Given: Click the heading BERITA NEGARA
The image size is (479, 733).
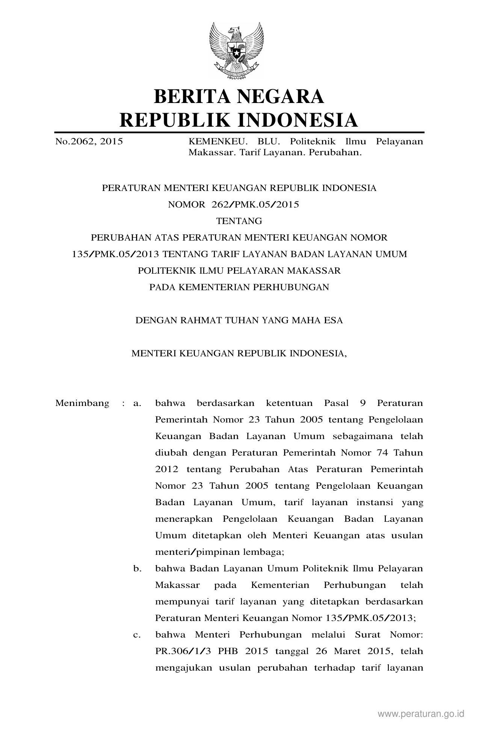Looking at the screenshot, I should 239,96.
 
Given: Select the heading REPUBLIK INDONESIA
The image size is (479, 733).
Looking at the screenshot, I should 239,120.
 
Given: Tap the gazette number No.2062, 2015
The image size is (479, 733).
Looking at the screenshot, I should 89,142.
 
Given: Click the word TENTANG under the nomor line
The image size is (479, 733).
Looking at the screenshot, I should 239,221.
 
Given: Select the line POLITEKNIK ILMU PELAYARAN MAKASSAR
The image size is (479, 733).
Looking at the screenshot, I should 239,271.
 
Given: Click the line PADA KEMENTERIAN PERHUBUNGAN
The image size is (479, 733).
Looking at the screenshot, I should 239,287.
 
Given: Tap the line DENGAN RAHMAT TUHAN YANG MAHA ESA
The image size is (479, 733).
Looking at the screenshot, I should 239,320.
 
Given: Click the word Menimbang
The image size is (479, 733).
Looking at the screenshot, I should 82,403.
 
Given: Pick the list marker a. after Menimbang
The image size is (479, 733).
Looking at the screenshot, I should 137,403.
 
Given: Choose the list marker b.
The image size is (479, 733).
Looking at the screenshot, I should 137,569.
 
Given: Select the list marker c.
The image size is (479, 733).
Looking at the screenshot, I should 137,635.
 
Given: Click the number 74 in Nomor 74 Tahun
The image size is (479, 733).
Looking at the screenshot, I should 382,453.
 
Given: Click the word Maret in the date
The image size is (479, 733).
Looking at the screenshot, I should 348,651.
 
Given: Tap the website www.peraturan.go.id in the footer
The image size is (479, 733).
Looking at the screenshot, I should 421,713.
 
